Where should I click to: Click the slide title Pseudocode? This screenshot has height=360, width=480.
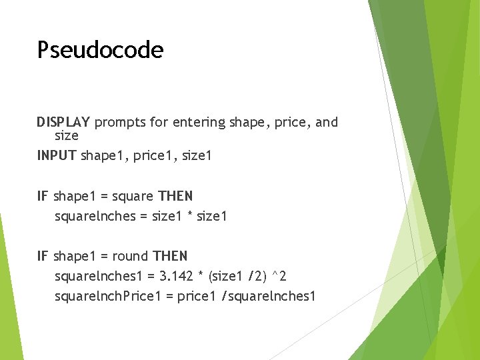click(100, 50)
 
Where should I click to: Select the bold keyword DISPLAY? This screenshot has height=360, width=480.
click(63, 122)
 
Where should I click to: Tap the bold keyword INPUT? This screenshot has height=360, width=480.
click(57, 156)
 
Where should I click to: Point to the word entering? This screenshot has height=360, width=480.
click(199, 123)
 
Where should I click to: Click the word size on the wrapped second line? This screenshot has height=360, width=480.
click(67, 135)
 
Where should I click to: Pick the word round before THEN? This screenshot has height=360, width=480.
click(131, 256)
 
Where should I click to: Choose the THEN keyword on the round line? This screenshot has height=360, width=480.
click(170, 256)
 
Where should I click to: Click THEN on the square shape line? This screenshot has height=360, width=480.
click(175, 196)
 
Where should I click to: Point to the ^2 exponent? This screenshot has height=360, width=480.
click(280, 275)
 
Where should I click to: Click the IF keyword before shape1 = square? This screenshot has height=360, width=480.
click(43, 196)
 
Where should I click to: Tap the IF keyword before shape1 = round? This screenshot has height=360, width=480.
click(43, 256)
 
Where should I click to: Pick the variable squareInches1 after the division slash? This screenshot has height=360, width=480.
click(274, 296)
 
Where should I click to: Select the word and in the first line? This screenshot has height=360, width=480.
click(327, 122)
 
